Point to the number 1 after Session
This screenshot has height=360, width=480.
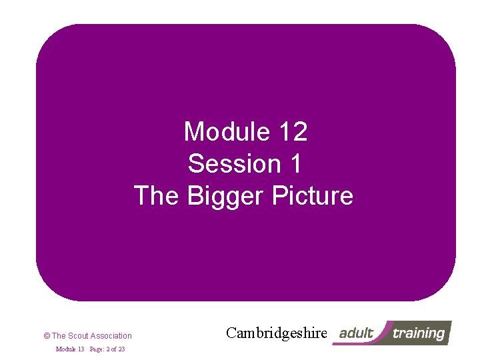click(294, 164)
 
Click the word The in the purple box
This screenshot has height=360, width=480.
click(157, 196)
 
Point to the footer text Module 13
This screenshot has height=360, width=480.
click(69, 349)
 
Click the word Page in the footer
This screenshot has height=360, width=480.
click(97, 349)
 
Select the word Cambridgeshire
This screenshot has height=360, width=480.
click(277, 333)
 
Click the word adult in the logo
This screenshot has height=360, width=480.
click(356, 333)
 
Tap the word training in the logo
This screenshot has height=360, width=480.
click(418, 333)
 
